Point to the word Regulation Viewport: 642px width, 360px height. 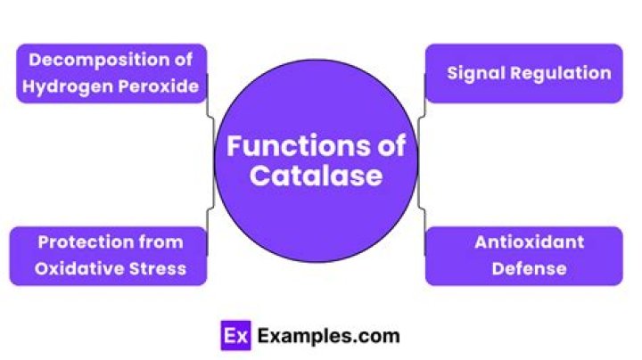coord(562,73)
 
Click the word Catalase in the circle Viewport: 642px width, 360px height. coord(316,176)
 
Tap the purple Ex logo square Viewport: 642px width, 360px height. coord(235,337)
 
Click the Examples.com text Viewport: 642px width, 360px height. coord(328,337)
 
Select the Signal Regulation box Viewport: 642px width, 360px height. coord(523,73)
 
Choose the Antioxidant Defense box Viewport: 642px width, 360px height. coord(523,256)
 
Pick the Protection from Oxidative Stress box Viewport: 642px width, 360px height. coord(108,256)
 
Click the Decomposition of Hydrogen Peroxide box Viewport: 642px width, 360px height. coord(111,74)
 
